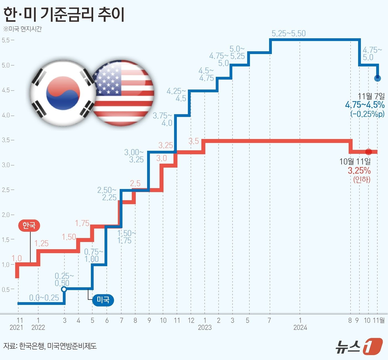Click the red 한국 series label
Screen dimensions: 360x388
pyautogui.click(x=29, y=225)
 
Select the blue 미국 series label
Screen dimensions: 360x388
pyautogui.click(x=103, y=300)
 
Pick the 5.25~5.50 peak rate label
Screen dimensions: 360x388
pyautogui.click(x=289, y=34)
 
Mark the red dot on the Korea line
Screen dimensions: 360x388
pyautogui.click(x=368, y=152)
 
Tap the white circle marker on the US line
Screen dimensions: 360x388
pyautogui.click(x=64, y=289)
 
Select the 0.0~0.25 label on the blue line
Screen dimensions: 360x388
pyautogui.click(x=44, y=298)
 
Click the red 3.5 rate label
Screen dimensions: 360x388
pyautogui.click(x=194, y=141)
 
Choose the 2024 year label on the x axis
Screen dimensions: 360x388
pyautogui.click(x=300, y=328)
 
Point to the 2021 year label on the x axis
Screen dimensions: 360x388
pyautogui.click(x=16, y=328)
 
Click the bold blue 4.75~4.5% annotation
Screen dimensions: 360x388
pyautogui.click(x=365, y=105)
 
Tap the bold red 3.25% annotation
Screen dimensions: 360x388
pyautogui.click(x=359, y=170)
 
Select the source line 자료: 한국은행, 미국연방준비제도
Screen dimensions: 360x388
pyautogui.click(x=50, y=346)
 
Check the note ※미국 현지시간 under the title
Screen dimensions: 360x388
pyautogui.click(x=22, y=29)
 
